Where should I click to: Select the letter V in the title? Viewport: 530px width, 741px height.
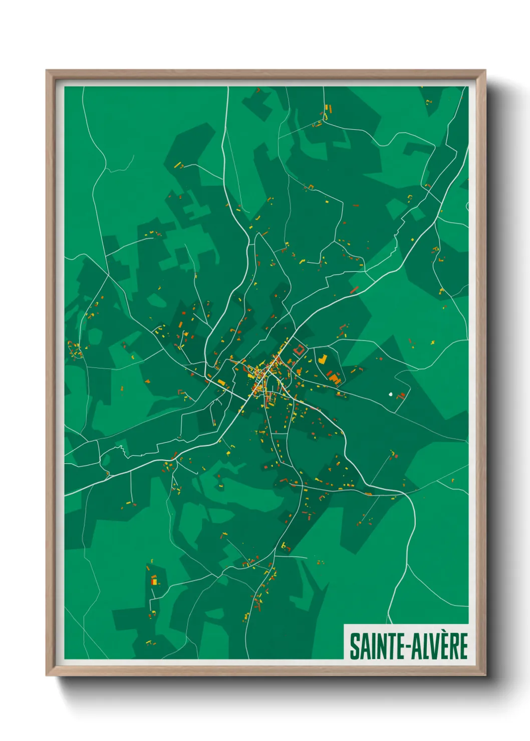pyautogui.click(x=432, y=646)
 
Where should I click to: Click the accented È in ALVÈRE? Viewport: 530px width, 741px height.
pyautogui.click(x=442, y=645)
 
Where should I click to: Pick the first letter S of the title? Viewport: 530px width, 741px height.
pyautogui.click(x=354, y=646)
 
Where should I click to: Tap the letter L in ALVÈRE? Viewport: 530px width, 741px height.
pyautogui.click(x=423, y=646)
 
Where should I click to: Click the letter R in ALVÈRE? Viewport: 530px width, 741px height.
pyautogui.click(x=453, y=646)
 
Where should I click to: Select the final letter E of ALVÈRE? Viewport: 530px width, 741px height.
pyautogui.click(x=463, y=646)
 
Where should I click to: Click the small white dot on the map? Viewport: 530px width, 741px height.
pyautogui.click(x=390, y=394)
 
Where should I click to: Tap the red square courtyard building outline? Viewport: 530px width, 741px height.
pyautogui.click(x=299, y=349)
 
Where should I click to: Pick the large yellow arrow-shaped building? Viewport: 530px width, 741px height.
pyautogui.click(x=323, y=359)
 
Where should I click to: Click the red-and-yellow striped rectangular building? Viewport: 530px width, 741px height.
pyautogui.click(x=154, y=581)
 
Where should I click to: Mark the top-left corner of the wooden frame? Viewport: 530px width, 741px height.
pyautogui.click(x=47, y=71)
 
